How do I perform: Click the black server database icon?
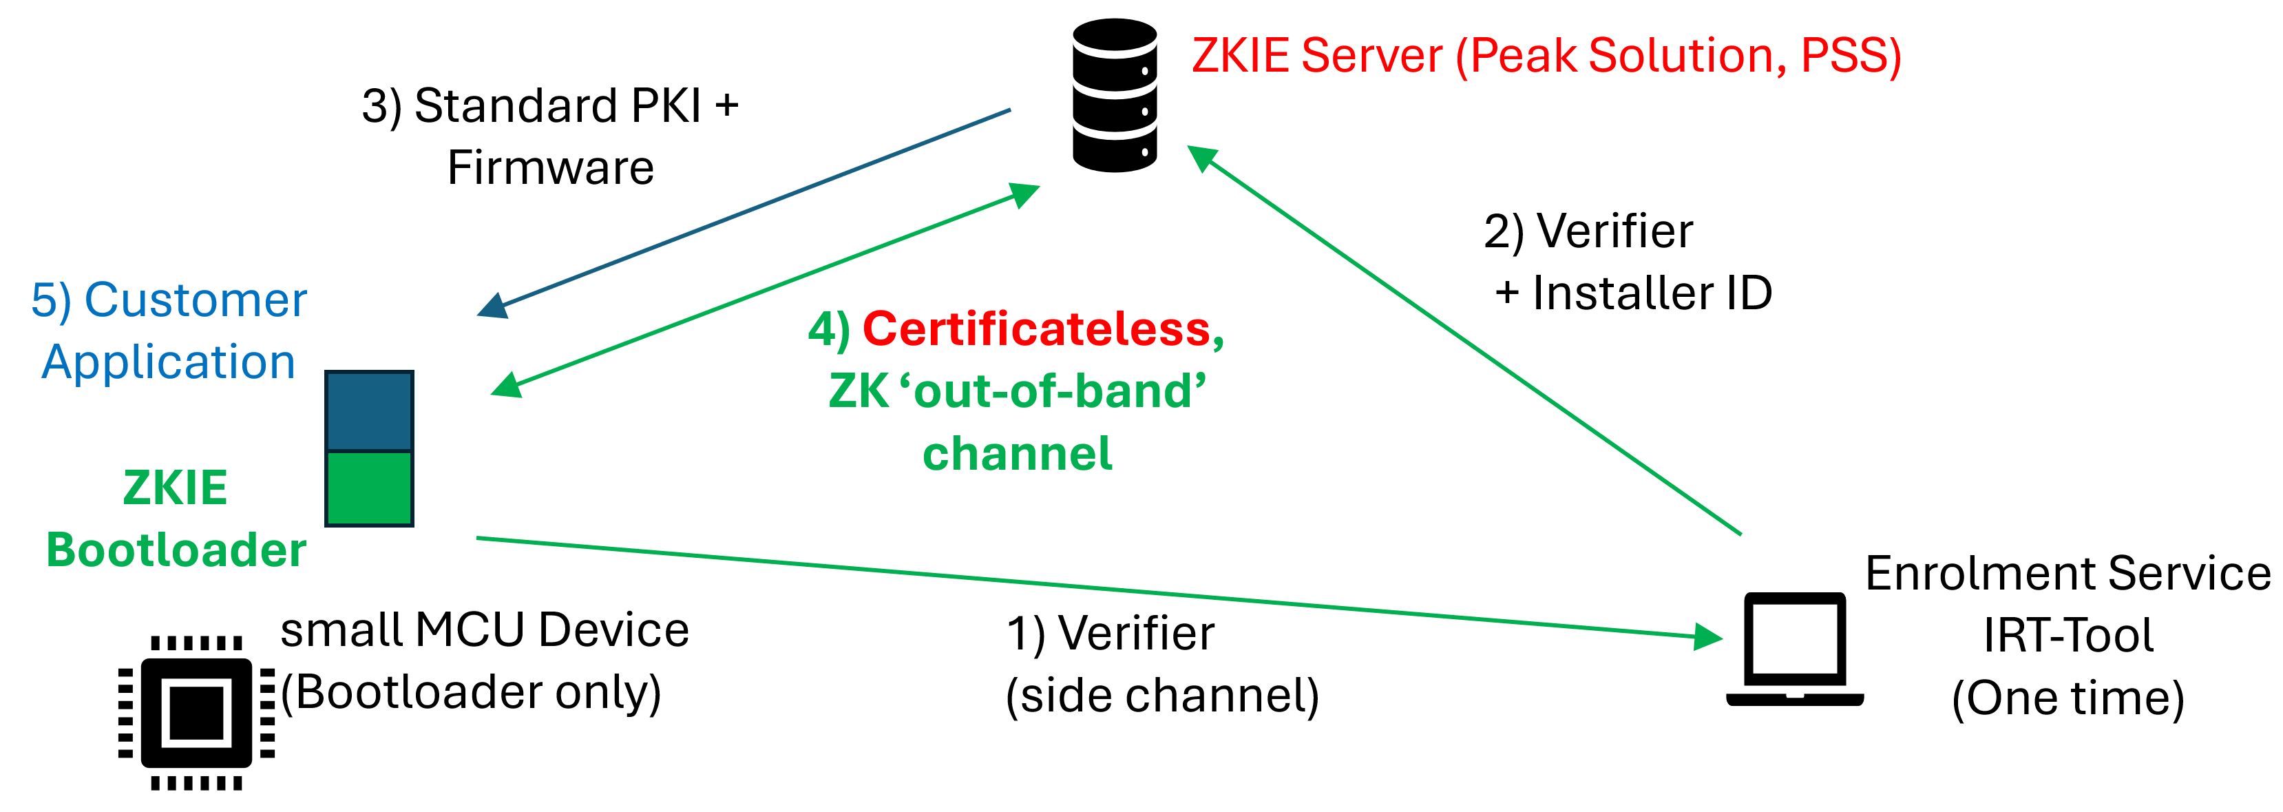point(1114,95)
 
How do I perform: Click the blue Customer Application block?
point(369,410)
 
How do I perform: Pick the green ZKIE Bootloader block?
point(369,488)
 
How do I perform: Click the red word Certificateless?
point(1036,329)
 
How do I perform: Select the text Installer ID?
point(1652,293)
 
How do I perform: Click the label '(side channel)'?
point(1162,696)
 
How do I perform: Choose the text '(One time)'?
point(2068,698)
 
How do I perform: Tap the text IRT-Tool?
point(2068,636)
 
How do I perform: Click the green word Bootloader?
point(176,550)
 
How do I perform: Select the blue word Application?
point(169,362)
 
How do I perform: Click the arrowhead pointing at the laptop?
point(1706,636)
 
